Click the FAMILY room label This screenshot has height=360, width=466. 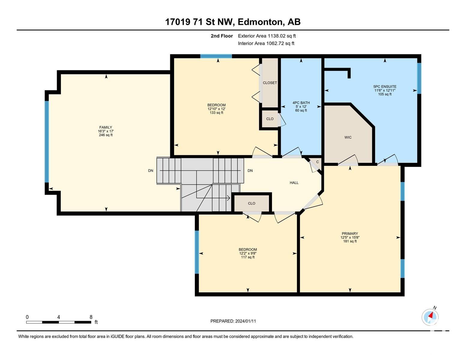105,127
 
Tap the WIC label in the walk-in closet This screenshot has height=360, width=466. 348,137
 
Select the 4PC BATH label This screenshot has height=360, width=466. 301,103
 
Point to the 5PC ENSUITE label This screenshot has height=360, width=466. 385,86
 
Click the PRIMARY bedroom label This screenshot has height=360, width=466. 350,233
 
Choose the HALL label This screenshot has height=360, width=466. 294,183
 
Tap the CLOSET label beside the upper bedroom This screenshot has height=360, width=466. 270,83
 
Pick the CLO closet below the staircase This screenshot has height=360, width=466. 252,203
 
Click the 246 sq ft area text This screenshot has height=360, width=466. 106,135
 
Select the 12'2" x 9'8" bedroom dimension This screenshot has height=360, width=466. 248,253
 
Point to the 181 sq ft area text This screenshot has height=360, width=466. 350,241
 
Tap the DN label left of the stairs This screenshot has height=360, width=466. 150,171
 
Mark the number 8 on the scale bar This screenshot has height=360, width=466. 91,317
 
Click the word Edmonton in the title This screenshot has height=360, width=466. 260,22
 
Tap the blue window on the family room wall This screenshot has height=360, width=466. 47,142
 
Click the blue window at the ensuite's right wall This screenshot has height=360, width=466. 419,78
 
